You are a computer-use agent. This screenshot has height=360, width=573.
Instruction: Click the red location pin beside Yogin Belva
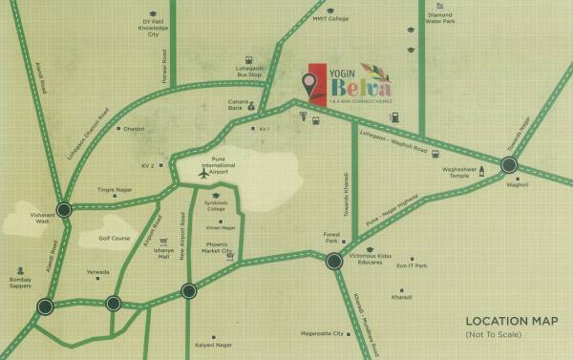coord(309,84)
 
